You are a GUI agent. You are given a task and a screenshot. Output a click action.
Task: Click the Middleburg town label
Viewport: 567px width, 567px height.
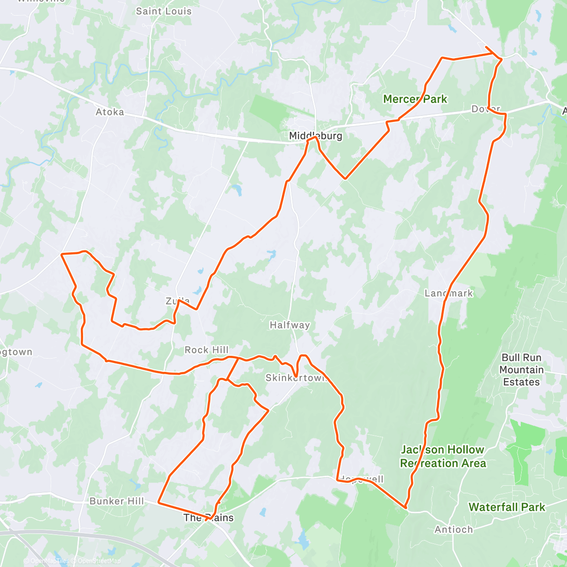pyautogui.click(x=316, y=136)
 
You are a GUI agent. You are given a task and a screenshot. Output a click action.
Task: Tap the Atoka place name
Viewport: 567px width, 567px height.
pyautogui.click(x=110, y=112)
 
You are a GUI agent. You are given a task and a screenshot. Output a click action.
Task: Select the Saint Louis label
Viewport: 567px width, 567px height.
pyautogui.click(x=163, y=11)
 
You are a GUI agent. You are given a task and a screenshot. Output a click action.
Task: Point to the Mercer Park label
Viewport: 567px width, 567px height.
pyautogui.click(x=415, y=99)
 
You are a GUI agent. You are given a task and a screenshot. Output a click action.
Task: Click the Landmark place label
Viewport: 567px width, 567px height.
pyautogui.click(x=448, y=293)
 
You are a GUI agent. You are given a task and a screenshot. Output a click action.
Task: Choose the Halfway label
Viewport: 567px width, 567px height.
pyautogui.click(x=290, y=325)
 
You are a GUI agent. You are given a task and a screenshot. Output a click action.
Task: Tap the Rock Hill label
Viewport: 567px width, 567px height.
pyautogui.click(x=206, y=350)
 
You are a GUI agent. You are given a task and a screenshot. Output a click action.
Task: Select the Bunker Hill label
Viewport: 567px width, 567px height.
pyautogui.click(x=117, y=501)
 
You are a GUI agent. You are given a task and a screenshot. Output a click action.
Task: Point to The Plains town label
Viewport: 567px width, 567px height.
pyautogui.click(x=208, y=518)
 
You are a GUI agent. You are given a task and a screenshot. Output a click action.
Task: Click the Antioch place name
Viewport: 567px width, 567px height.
pyautogui.click(x=454, y=530)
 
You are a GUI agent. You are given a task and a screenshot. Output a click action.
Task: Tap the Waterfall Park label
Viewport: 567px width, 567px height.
pyautogui.click(x=507, y=507)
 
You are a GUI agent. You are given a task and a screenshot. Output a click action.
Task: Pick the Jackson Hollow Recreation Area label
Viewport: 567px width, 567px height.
pyautogui.click(x=443, y=456)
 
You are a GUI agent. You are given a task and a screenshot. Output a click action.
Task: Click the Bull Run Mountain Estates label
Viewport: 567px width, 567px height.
pyautogui.click(x=521, y=370)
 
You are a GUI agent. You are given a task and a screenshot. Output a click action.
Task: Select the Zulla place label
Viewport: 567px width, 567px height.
pyautogui.click(x=178, y=301)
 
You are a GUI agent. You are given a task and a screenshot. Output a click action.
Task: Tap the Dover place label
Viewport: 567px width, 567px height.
pyautogui.click(x=486, y=109)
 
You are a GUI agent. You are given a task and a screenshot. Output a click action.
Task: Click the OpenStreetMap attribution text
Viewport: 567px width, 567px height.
pyautogui.click(x=99, y=561)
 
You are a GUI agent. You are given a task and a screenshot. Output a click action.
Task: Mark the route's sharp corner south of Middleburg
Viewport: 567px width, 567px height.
pyautogui.click(x=345, y=179)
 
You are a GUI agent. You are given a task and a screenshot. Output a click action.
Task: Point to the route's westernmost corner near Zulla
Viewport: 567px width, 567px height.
pyautogui.click(x=62, y=254)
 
